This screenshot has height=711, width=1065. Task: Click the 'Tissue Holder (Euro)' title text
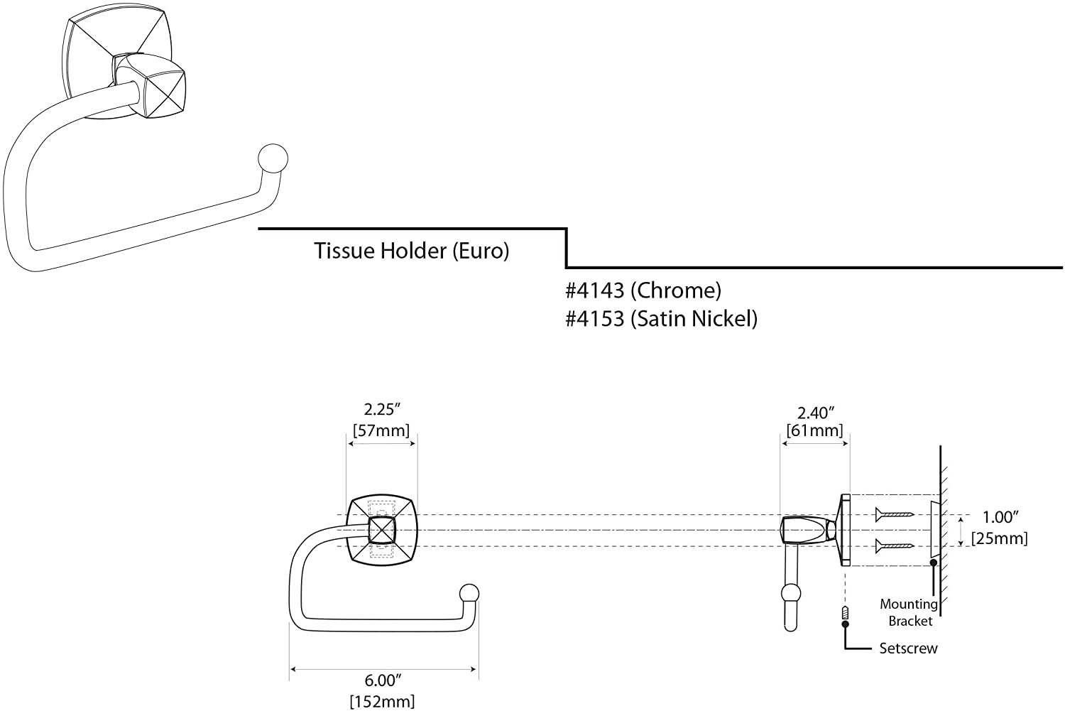coord(411,251)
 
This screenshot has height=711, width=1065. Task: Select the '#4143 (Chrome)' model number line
coord(643,290)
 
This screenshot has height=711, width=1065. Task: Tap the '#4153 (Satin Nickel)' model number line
coord(661,319)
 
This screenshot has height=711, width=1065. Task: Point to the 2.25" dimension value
coord(383,409)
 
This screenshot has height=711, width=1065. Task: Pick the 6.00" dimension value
coord(383,680)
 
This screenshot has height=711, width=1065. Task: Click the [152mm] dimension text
coord(382,701)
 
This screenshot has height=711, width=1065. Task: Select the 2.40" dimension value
coord(815,413)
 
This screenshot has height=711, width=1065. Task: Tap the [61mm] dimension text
coord(815,430)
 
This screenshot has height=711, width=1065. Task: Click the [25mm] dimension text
coord(1000,538)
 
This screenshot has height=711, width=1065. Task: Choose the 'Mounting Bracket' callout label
coord(909,612)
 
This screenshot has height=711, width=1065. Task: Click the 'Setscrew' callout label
coord(908,648)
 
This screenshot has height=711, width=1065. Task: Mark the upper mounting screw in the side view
coord(893,514)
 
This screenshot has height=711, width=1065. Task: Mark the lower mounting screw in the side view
coord(893,546)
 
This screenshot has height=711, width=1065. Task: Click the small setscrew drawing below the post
coord(845,612)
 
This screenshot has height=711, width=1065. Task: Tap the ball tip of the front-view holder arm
coord(469,593)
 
